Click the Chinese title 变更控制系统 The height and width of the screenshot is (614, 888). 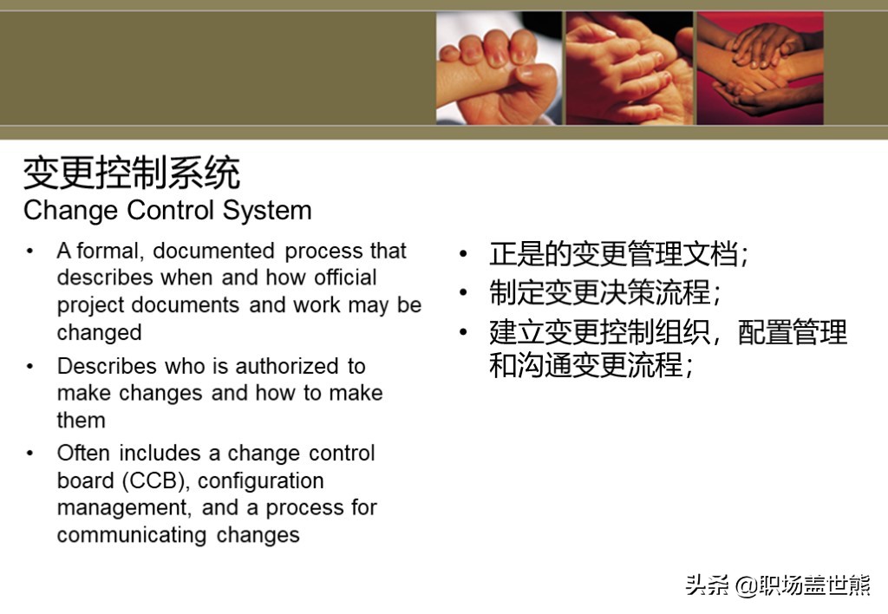132,173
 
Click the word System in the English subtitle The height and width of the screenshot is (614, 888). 267,211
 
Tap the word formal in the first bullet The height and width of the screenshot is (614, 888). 108,251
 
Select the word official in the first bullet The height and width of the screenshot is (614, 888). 345,278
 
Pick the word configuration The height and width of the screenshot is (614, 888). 260,481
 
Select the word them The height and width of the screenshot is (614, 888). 81,421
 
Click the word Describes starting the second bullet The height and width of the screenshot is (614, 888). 107,366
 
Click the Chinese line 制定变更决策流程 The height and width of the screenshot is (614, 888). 604,292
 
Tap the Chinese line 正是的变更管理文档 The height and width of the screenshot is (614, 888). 618,253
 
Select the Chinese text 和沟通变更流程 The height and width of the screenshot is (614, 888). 591,365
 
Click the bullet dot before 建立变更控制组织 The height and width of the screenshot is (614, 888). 464,332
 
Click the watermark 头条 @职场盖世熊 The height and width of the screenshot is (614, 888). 777,585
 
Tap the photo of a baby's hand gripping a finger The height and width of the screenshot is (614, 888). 499,68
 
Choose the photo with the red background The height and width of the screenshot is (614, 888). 760,68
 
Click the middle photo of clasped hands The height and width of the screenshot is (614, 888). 630,68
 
